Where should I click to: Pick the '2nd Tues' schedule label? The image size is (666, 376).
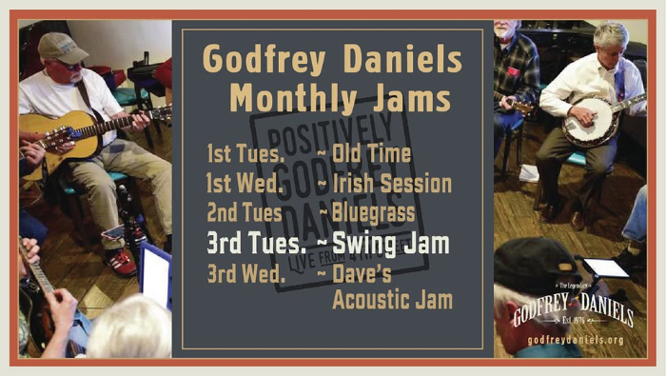tap(242, 212)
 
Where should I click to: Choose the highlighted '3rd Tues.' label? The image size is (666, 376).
tap(246, 244)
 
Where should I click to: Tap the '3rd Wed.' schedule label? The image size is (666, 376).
tap(245, 275)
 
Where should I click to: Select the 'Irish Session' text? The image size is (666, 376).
tap(391, 183)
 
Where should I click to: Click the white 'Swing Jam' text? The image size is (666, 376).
tap(390, 244)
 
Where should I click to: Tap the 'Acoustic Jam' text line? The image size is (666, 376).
tap(391, 302)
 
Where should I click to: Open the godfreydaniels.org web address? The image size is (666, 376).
tap(575, 340)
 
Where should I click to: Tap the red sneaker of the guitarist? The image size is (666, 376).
tap(121, 261)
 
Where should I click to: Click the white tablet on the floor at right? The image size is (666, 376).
tap(606, 267)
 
